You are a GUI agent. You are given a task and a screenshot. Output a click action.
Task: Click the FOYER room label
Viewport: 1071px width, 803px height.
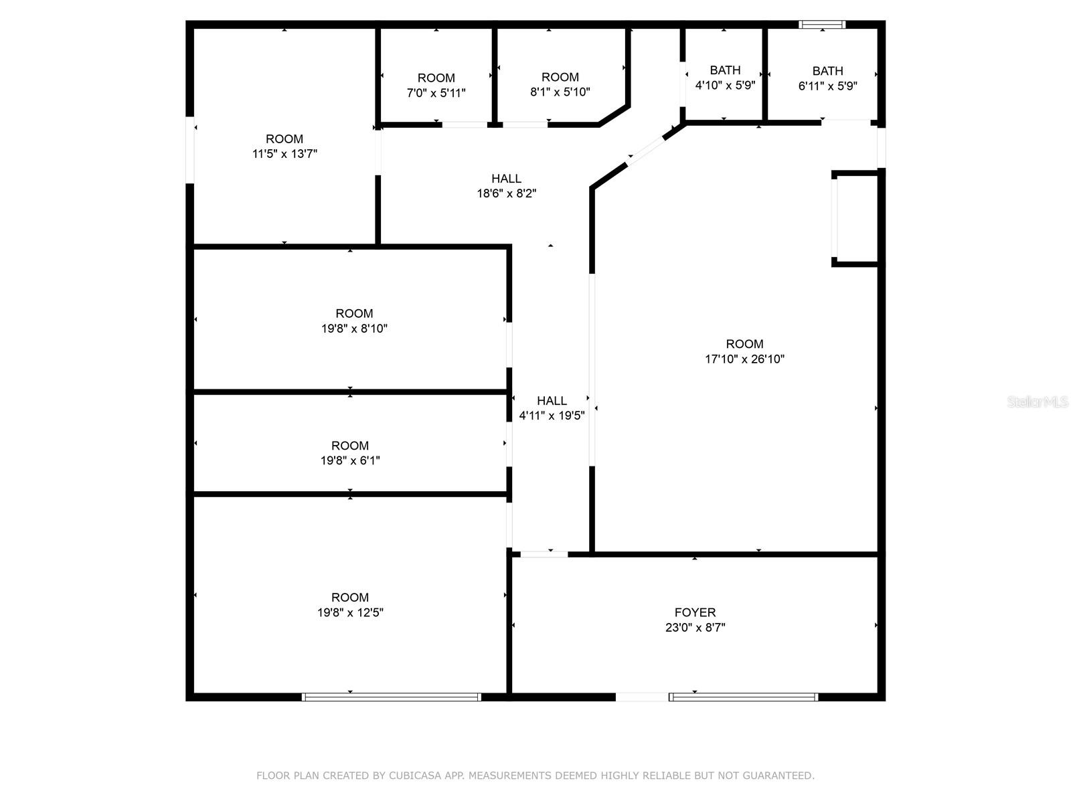click(695, 612)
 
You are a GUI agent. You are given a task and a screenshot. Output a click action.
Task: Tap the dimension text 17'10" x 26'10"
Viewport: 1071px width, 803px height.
click(744, 359)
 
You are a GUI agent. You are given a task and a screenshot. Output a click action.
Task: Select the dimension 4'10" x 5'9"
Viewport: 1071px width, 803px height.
click(725, 86)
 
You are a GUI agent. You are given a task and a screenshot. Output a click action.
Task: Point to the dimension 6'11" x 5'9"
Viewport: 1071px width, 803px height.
click(827, 86)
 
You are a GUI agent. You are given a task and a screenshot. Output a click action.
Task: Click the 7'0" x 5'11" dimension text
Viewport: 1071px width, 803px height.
click(436, 93)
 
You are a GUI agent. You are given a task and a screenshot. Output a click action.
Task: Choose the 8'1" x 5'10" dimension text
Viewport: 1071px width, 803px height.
click(560, 92)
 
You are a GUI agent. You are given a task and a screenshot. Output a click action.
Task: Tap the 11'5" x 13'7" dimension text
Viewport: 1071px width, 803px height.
click(284, 154)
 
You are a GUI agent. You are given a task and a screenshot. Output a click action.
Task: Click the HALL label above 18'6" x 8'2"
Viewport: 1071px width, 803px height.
click(506, 179)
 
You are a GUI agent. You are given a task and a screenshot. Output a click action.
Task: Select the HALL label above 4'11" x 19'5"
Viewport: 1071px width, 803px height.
click(552, 401)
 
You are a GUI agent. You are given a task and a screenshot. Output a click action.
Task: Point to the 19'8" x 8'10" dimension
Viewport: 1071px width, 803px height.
click(354, 329)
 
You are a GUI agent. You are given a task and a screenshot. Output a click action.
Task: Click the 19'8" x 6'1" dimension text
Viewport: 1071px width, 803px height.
click(350, 460)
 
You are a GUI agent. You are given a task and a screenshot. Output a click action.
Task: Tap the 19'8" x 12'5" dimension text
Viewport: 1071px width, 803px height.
click(350, 612)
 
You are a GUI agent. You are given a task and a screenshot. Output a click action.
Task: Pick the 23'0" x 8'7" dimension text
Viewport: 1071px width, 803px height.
click(695, 628)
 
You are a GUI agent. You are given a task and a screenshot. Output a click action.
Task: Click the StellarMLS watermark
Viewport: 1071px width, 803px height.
click(1038, 402)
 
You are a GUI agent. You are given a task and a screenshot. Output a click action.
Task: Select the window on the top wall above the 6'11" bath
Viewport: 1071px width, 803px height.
click(822, 25)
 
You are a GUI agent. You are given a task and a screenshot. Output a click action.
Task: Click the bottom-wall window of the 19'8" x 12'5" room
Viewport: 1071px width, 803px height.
click(392, 697)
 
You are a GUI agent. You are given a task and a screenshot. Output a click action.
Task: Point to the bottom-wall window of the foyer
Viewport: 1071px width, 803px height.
click(743, 697)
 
